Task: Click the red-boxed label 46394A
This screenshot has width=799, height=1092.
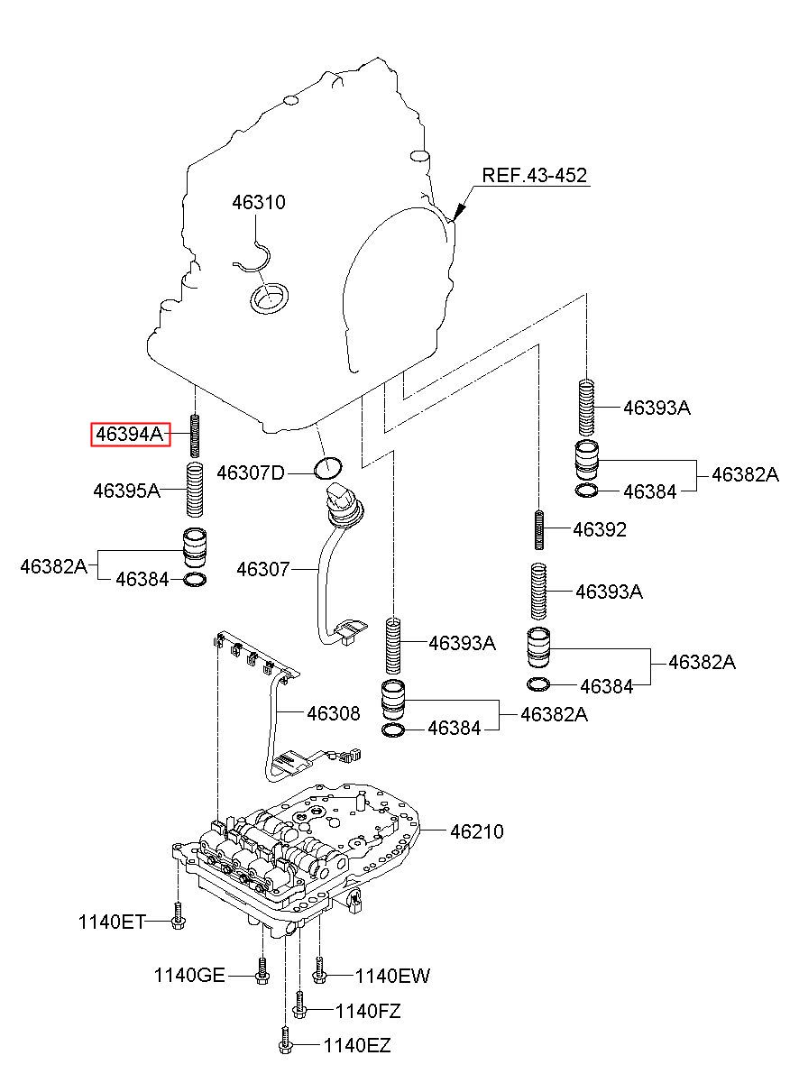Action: point(130,434)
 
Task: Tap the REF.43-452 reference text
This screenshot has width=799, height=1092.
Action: point(534,175)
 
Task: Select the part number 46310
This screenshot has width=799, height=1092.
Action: point(259,202)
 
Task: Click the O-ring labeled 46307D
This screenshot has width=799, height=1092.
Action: point(328,469)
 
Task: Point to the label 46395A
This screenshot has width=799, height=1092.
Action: point(127,491)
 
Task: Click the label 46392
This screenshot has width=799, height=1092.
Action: point(600,529)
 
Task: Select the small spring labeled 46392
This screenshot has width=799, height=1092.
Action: point(538,529)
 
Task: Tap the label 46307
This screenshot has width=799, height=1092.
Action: point(263,569)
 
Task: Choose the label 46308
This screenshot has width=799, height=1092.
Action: point(334,713)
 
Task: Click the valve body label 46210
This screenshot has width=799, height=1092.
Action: point(477,831)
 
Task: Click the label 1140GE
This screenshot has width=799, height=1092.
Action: point(189,976)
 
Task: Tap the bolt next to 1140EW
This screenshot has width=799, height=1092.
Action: point(319,970)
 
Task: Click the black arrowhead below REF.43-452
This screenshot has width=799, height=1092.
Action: point(458,211)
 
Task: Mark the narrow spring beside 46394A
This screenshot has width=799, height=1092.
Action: point(195,435)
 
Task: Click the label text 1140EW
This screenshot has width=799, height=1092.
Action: point(392,976)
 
